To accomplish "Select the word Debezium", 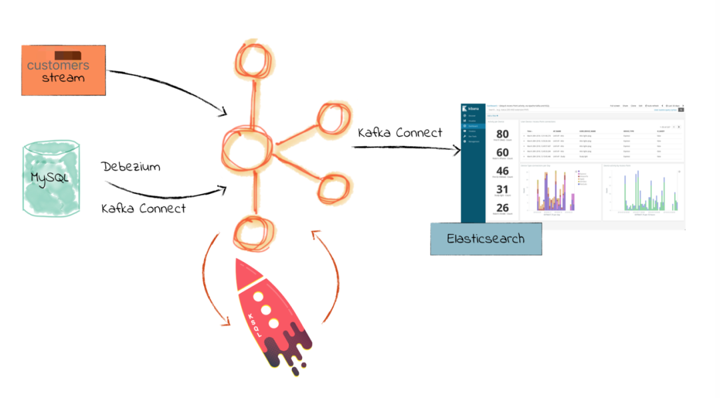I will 131,167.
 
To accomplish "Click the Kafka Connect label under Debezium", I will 143,208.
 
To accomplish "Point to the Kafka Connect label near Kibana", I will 399,132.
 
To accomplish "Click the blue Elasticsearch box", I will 485,238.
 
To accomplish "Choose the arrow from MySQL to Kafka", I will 167,193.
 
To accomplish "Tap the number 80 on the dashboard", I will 502,135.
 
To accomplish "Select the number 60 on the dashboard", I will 502,153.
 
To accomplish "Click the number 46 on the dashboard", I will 502,171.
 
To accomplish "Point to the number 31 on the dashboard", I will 502,190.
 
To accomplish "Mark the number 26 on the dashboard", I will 502,208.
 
